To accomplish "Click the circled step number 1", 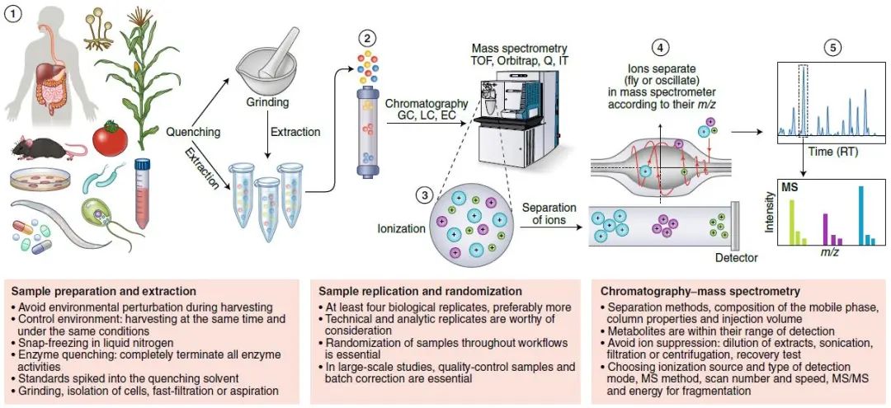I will click(x=14, y=15).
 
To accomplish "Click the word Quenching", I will click(x=194, y=131).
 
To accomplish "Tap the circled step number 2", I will click(x=367, y=37).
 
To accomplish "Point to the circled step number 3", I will click(x=423, y=195).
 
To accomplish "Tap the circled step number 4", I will click(x=658, y=47).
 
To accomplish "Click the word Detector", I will click(x=736, y=258).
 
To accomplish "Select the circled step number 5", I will click(x=834, y=47).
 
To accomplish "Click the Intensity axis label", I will click(x=769, y=212).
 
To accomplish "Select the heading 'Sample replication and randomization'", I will click(x=420, y=291).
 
